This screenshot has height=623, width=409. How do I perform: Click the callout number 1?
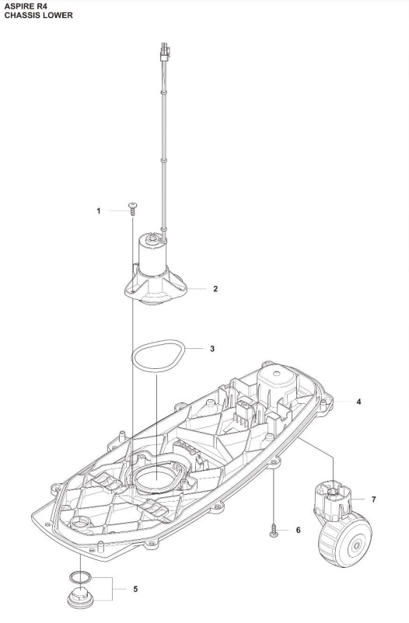(99, 211)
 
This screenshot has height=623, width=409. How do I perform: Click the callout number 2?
(215, 288)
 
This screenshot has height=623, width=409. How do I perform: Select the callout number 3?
(212, 349)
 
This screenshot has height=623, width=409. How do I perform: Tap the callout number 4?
(358, 402)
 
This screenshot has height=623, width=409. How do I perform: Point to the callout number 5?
(137, 590)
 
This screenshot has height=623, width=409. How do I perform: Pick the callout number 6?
(298, 530)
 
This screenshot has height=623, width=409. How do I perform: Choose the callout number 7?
(374, 498)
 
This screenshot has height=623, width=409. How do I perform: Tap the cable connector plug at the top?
(164, 55)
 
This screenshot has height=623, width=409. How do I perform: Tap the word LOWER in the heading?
(58, 16)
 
